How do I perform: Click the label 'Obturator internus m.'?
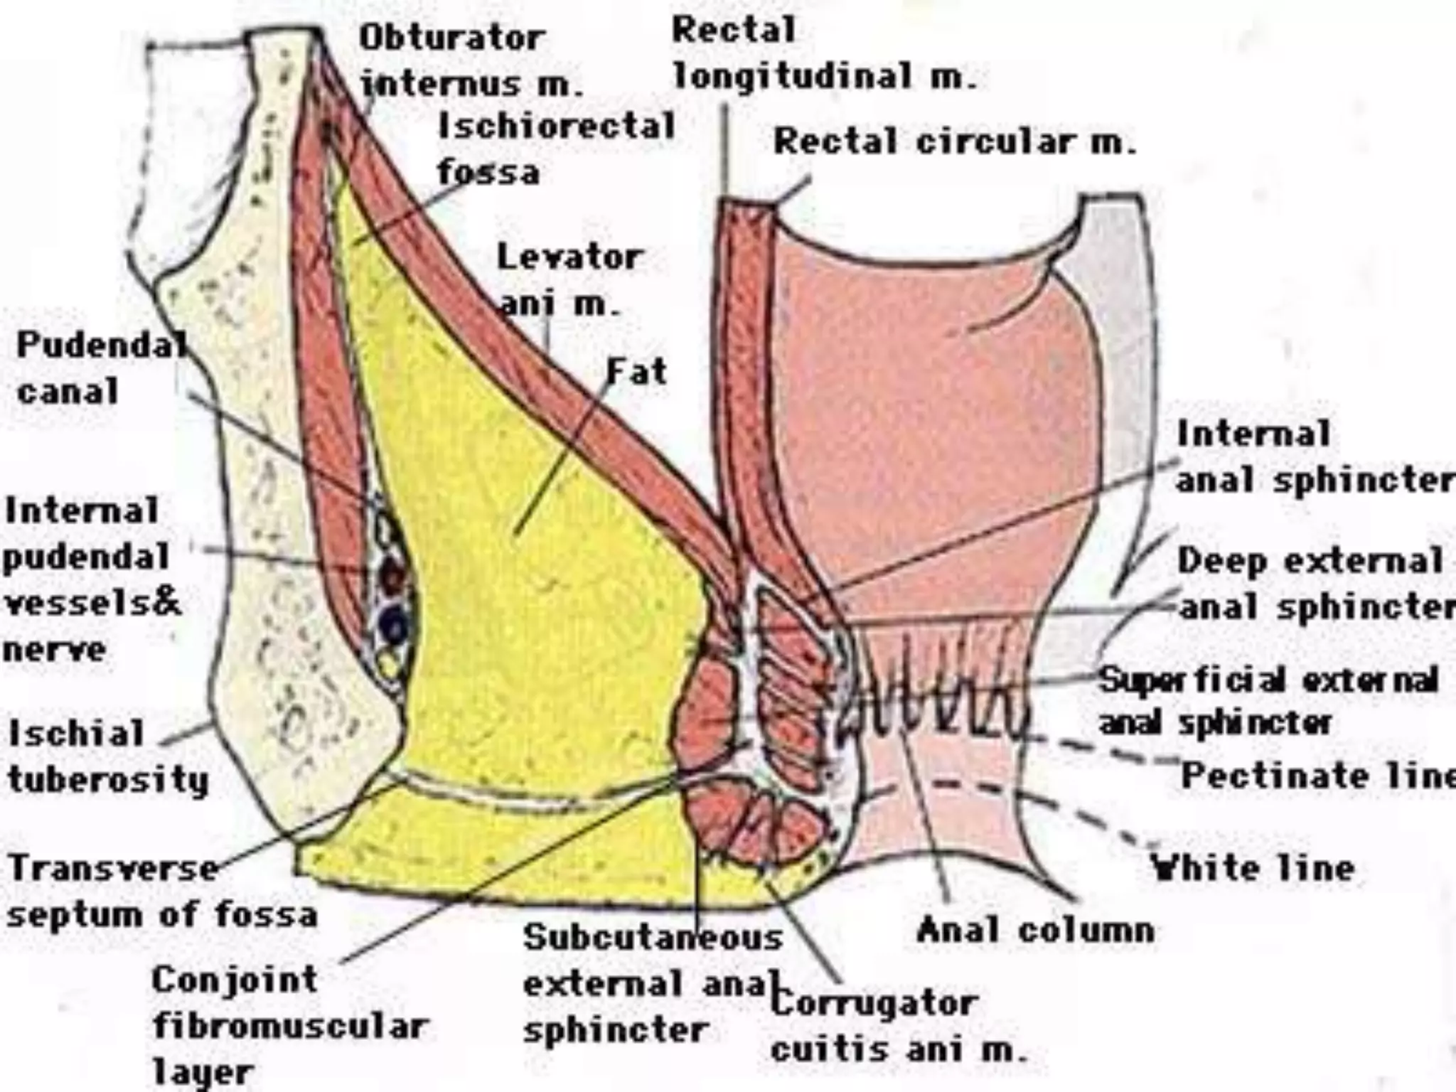(469, 60)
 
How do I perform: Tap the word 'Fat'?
(636, 371)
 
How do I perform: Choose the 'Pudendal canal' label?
(100, 368)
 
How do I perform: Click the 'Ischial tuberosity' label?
(107, 756)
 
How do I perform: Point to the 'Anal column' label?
(1035, 929)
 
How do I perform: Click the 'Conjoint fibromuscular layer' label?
(288, 1024)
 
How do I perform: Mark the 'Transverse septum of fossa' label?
(161, 891)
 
